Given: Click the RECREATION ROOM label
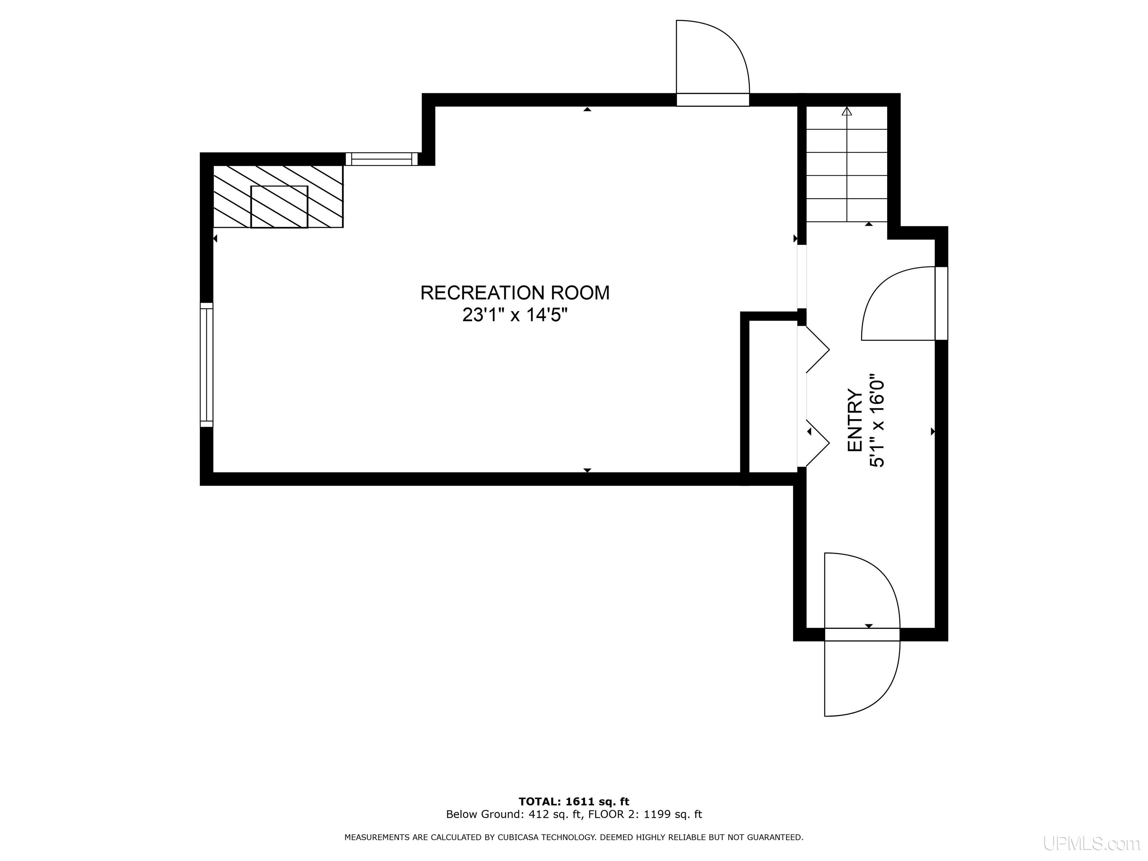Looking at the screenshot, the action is (x=515, y=293).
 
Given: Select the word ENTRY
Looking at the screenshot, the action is (x=855, y=420).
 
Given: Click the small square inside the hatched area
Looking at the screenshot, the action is (x=279, y=207).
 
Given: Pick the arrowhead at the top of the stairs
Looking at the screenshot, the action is (x=847, y=111).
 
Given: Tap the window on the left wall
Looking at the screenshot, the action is (x=207, y=364).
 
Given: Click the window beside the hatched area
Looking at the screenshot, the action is (x=382, y=159).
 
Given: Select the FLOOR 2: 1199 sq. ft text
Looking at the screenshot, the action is (x=644, y=814).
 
